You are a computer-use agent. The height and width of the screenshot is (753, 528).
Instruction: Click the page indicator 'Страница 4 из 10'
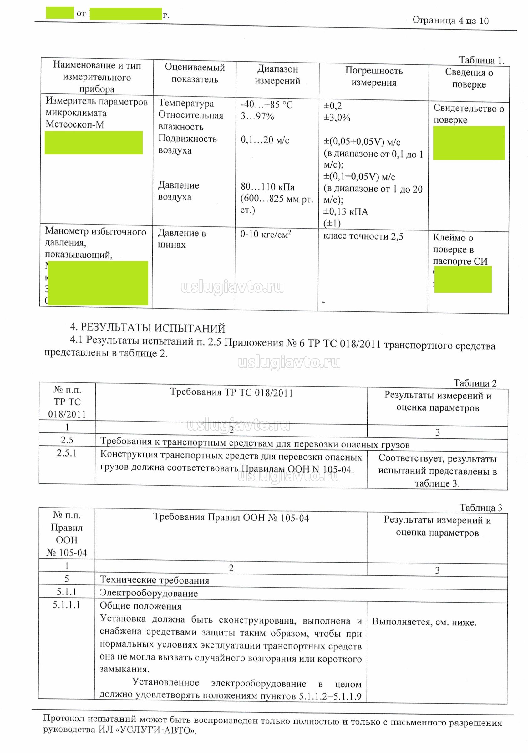[x=450, y=20]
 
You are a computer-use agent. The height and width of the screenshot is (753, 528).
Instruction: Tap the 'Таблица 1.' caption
[x=481, y=60]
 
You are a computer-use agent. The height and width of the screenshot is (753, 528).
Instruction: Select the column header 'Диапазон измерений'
[x=277, y=75]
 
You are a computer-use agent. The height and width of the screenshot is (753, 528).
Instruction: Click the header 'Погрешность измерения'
[x=373, y=76]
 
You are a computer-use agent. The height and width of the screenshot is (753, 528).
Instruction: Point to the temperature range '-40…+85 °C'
[x=267, y=105]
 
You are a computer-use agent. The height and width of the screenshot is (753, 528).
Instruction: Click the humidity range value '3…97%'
[x=257, y=116]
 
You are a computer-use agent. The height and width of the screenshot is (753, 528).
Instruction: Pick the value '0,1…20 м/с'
[x=265, y=140]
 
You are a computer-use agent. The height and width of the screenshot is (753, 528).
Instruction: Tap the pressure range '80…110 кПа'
[x=267, y=187]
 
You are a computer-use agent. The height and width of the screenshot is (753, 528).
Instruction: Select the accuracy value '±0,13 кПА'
[x=346, y=211]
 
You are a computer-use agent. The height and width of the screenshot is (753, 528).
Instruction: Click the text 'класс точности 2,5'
[x=363, y=236]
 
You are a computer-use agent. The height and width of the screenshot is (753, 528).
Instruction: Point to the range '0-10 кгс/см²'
[x=266, y=234]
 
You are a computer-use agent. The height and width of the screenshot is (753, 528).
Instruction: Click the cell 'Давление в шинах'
[x=181, y=238]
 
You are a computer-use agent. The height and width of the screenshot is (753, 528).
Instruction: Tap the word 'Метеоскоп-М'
[x=75, y=124]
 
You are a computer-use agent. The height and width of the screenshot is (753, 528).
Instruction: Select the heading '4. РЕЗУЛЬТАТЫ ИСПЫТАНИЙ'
[x=148, y=328]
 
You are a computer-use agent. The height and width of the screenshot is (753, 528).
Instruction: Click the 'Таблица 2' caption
[x=475, y=383]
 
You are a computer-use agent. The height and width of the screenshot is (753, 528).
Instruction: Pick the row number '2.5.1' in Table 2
[x=67, y=453]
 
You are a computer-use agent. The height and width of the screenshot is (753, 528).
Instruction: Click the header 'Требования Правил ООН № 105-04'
[x=231, y=518]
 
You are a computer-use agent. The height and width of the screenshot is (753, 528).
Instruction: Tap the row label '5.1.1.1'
[x=67, y=604]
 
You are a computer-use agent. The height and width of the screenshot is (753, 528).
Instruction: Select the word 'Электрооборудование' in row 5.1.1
[x=149, y=593]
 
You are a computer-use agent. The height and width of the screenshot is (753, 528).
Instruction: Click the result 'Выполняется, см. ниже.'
[x=424, y=622]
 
